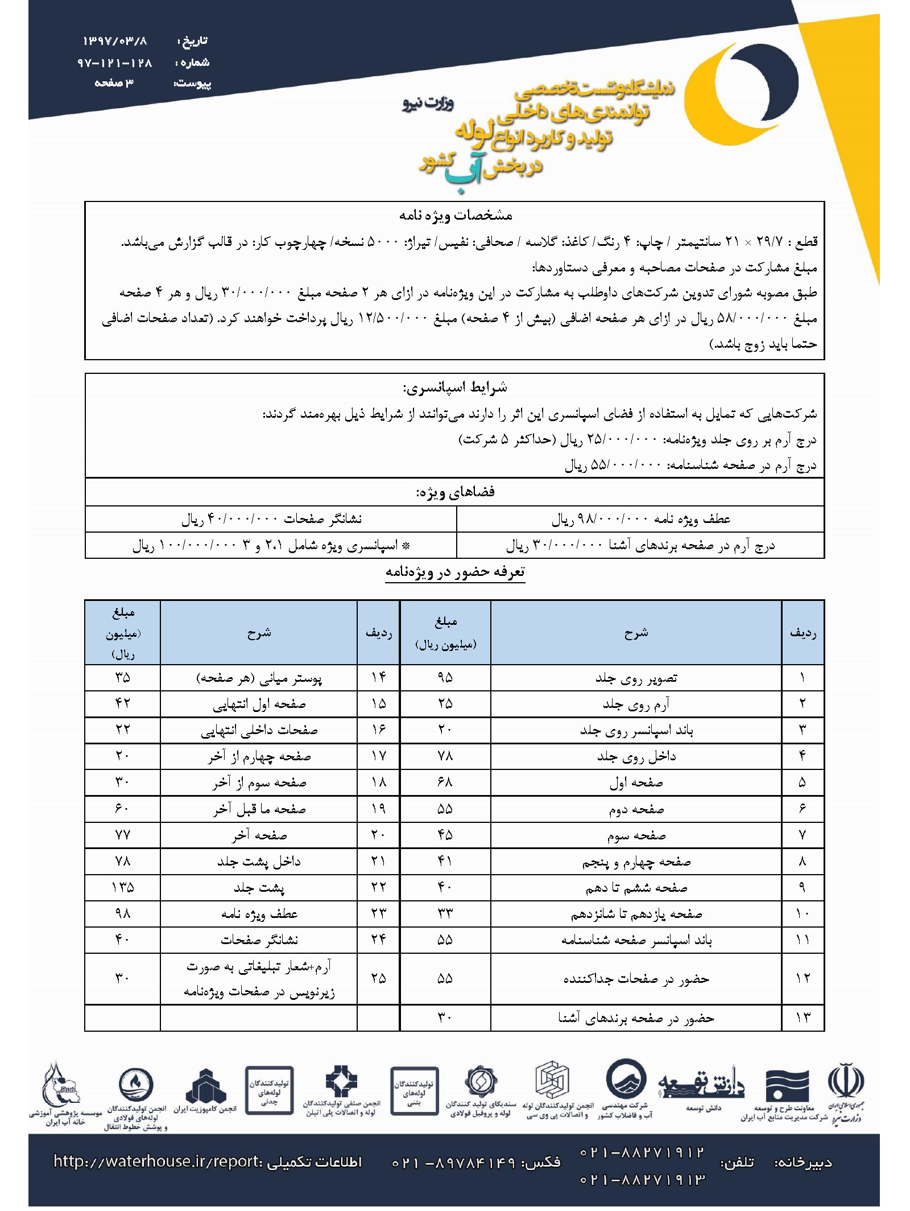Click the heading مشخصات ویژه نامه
click(x=455, y=215)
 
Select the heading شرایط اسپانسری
click(x=455, y=388)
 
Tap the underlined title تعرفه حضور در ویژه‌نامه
click(x=455, y=572)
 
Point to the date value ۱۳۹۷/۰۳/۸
click(x=115, y=41)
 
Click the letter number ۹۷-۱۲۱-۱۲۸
click(x=115, y=62)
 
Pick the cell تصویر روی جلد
click(x=636, y=678)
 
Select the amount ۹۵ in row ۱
click(x=445, y=678)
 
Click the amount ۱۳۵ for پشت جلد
click(x=122, y=887)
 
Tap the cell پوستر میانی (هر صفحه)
click(x=259, y=678)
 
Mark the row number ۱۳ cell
click(x=803, y=1018)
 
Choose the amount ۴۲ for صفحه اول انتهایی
click(x=122, y=704)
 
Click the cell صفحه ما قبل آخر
click(x=259, y=809)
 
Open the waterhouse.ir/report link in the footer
click(x=158, y=1161)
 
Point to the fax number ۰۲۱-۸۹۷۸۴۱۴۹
click(x=453, y=1162)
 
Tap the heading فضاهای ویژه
click(x=455, y=492)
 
